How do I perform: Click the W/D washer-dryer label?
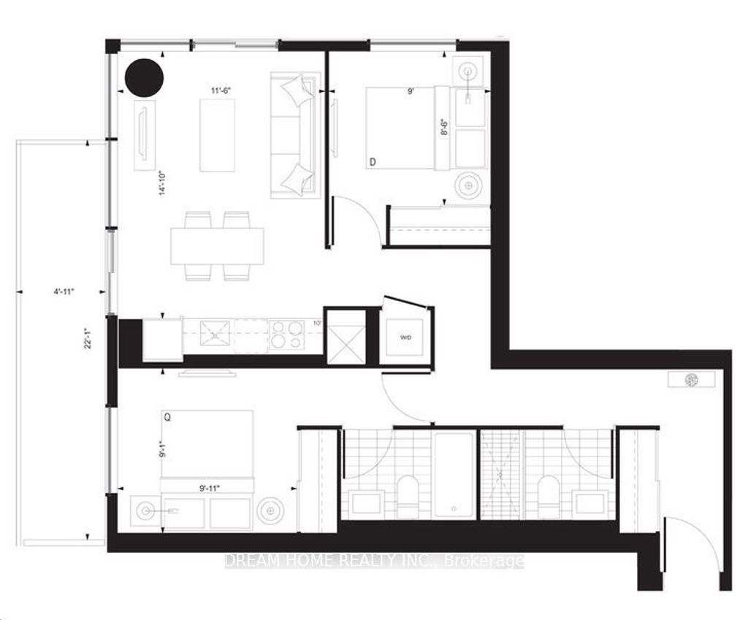coord(404,338)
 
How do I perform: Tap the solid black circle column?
coord(144,77)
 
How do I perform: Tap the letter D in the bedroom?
coord(373,161)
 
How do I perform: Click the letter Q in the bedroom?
coord(168,418)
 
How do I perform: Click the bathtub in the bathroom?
coord(454,473)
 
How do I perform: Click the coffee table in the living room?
coord(217,135)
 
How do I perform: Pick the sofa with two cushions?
coord(295,135)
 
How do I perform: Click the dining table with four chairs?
coord(217,245)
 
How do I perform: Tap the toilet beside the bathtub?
coord(406,495)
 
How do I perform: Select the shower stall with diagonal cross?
coord(502,473)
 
